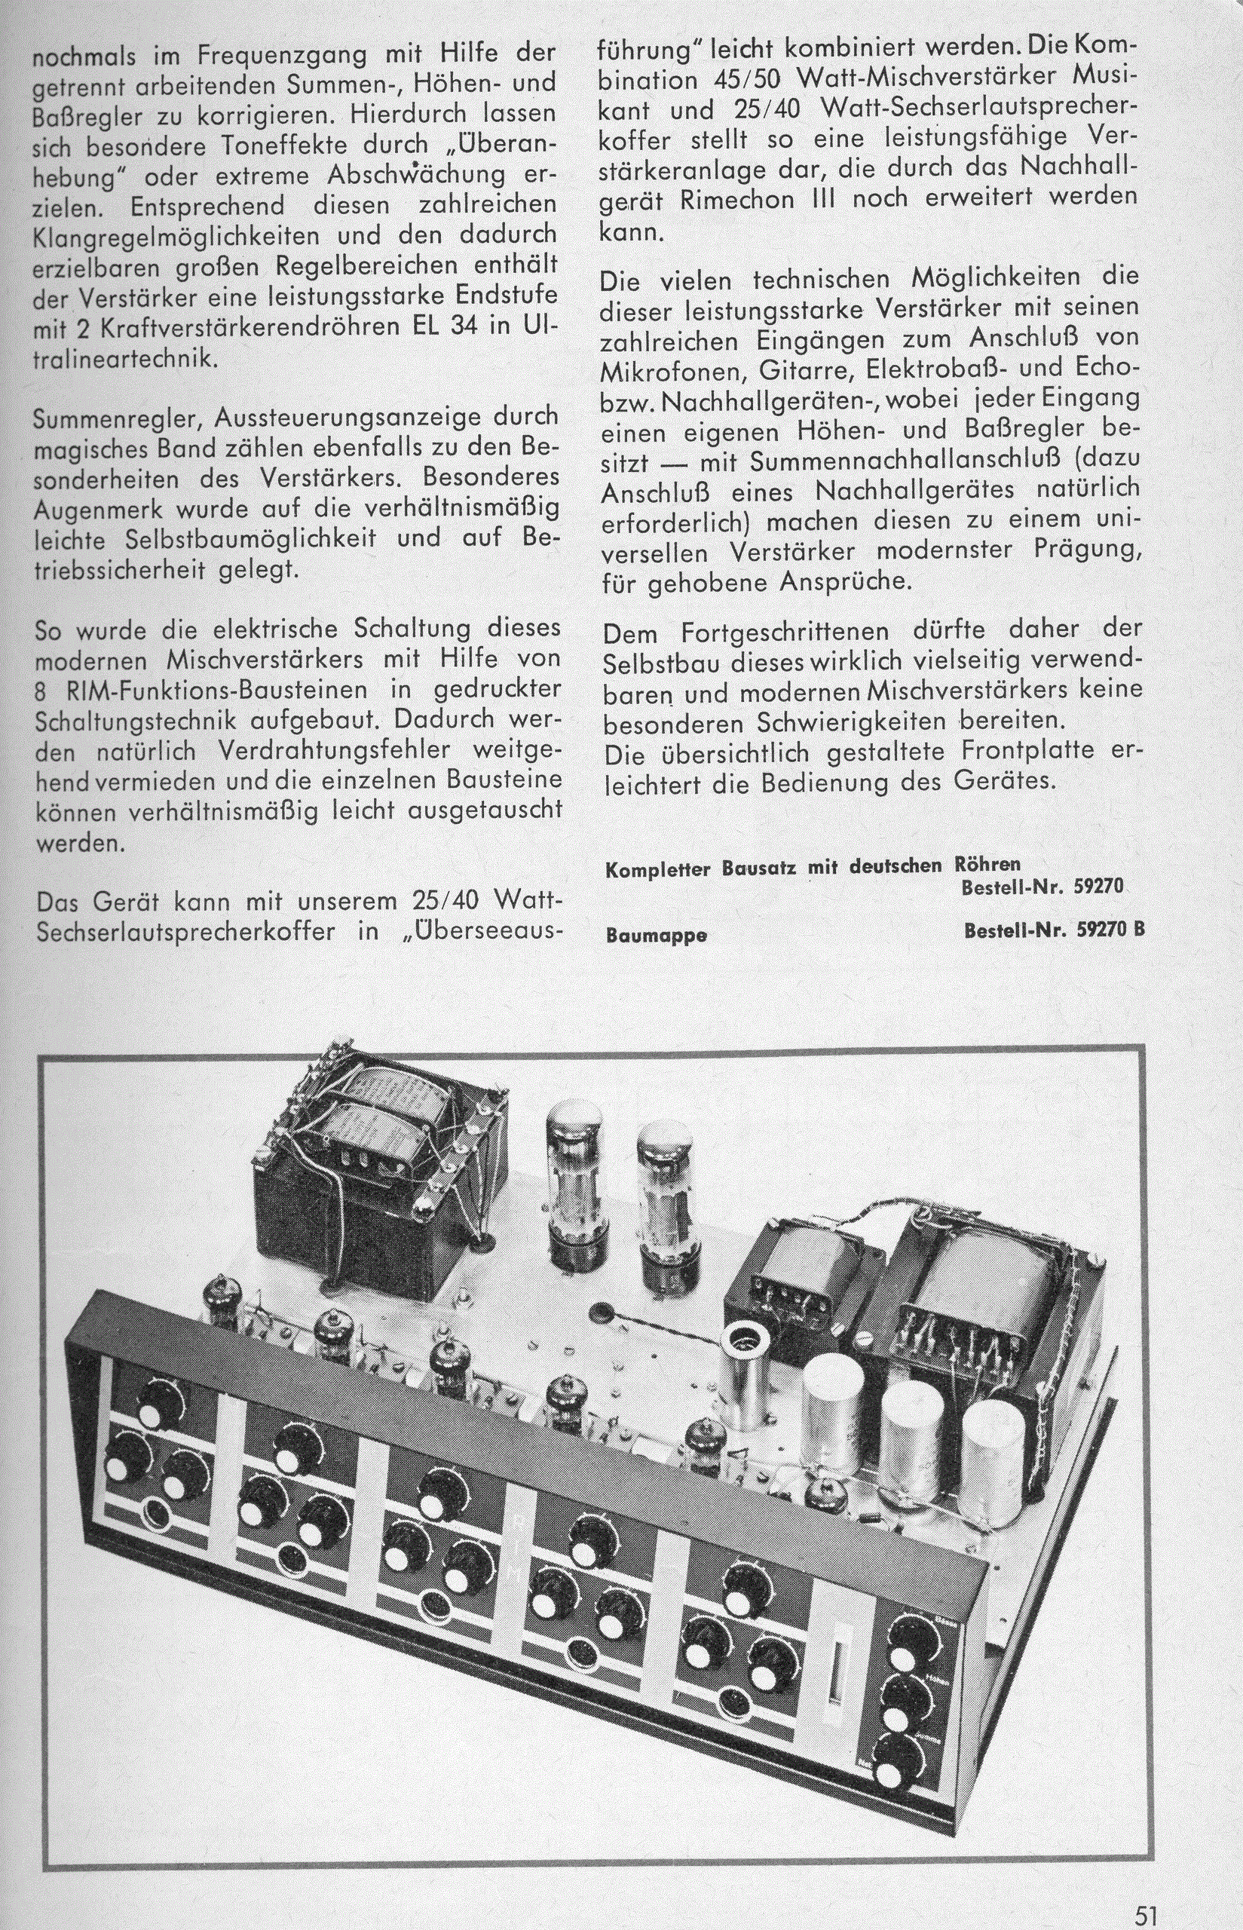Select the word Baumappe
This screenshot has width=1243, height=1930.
tap(657, 936)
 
